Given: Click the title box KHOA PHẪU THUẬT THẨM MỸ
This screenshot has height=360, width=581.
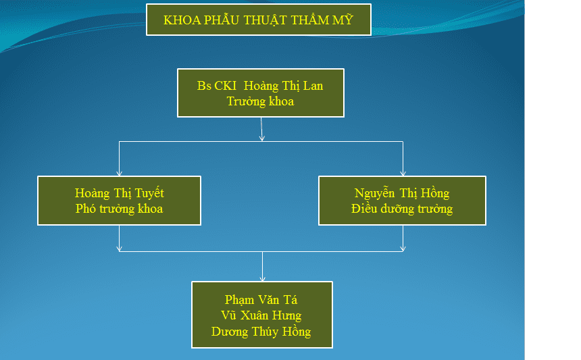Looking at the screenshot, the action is pos(259,20).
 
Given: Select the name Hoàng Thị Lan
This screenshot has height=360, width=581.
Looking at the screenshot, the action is pos(283,86).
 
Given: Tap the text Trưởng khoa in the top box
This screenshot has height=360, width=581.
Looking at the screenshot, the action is pos(260,101).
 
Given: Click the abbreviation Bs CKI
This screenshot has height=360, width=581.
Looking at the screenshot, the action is pos(216,86).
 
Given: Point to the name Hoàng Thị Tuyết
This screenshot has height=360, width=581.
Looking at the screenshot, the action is pos(120,193).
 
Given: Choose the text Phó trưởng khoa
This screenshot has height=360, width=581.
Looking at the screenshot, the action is pos(120,209).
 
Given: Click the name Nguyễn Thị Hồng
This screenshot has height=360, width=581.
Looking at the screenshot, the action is pos(402,193).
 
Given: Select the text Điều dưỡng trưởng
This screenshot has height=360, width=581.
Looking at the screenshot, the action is pos(402,209).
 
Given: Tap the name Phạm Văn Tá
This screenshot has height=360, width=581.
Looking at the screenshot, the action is pos(261,300).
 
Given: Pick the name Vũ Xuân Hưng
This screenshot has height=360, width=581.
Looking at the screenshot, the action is pos(261,315).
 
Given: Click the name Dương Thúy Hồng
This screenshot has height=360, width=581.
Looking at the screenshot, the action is pos(261,332).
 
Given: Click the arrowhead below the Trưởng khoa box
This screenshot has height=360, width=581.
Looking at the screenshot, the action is pos(262,138).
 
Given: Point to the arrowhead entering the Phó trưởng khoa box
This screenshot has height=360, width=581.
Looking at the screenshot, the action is pos(120,173).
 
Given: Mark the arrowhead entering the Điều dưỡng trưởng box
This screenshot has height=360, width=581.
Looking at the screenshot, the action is pos(403,173).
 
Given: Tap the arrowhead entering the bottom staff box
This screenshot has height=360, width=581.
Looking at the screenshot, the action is pos(262,278).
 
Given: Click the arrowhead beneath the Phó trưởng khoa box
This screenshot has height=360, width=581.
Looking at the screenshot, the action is pos(120,249).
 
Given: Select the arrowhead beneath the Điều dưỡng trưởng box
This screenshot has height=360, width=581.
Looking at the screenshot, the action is pos(403,249).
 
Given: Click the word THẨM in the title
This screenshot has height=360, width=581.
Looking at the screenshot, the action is pos(309,20).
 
